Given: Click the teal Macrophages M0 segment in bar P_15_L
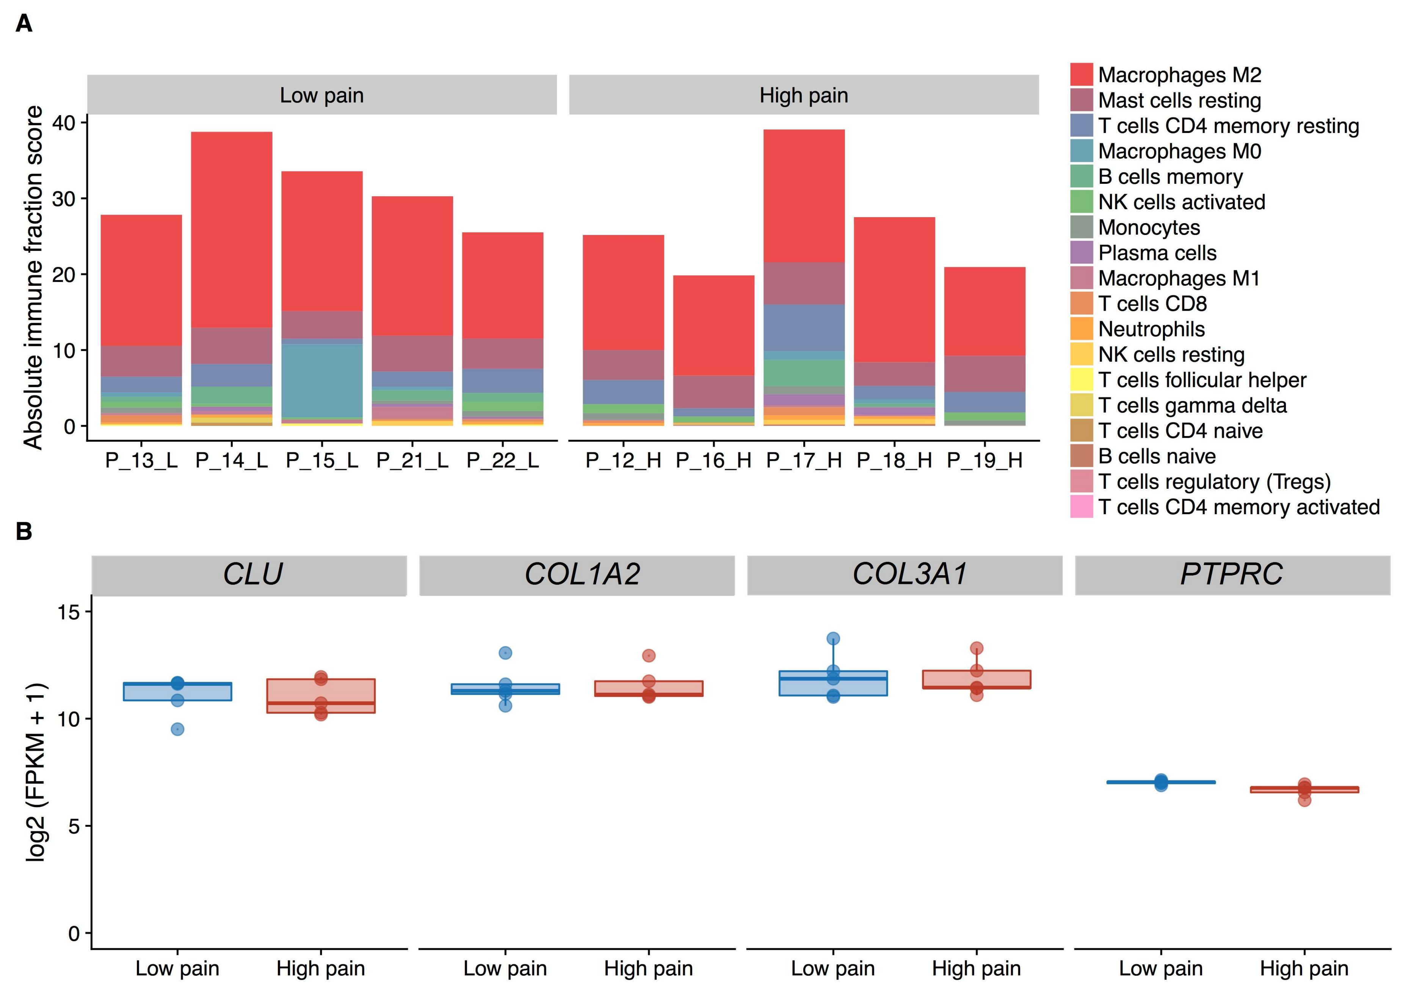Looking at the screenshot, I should (322, 381).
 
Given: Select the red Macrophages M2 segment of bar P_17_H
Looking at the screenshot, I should (804, 196).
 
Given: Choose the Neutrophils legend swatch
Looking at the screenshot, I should (1081, 329).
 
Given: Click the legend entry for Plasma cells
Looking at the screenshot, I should (1157, 253).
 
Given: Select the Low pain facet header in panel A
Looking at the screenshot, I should (322, 95).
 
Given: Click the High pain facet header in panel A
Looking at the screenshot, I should (804, 95).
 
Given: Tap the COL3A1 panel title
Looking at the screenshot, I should (909, 574).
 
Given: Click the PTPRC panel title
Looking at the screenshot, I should (1231, 574).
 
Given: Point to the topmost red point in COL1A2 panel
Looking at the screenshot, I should (648, 655).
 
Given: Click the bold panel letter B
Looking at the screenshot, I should (24, 531).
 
